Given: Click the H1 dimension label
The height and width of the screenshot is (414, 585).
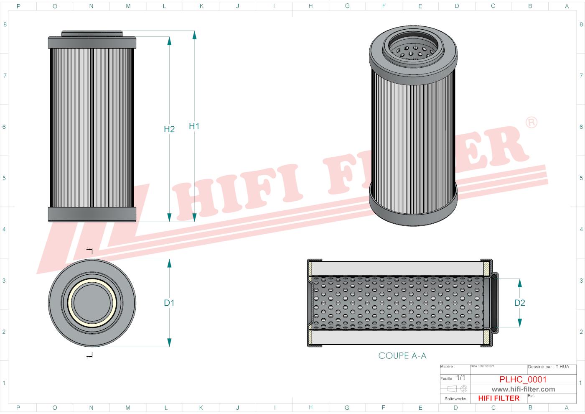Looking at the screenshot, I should coord(194,126).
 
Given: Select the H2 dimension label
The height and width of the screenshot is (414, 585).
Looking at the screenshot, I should coord(169,130).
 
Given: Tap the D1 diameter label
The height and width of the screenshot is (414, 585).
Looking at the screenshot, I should coord(169,303).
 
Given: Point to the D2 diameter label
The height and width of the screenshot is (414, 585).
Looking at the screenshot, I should coord(519,303).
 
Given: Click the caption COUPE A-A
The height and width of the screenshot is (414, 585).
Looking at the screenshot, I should coord(402,355).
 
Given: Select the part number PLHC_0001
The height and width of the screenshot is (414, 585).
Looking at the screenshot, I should coord(523,379).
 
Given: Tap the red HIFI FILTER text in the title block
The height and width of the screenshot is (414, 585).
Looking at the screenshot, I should coord(499,398).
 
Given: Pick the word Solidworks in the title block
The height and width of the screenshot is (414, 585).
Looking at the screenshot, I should coord(455,399).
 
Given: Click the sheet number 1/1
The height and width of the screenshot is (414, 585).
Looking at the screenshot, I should coord(460,378).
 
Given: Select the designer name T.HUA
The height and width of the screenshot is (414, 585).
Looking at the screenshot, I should coord(562,367).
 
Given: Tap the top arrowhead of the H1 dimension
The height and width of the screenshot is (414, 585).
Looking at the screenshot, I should coord(194,35).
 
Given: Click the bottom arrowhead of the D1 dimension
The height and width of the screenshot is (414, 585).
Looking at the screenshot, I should coord(169,342).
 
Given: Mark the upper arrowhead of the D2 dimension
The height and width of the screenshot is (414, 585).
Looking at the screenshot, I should coord(519,283).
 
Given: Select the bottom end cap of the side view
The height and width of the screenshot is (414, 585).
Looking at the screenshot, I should coord(92,214).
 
